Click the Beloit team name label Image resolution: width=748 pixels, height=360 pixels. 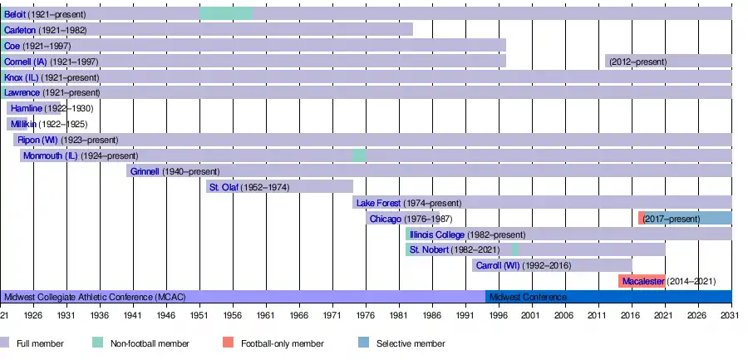15,14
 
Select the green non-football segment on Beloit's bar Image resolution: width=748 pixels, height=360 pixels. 226,14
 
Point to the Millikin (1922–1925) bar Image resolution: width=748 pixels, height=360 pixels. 20,124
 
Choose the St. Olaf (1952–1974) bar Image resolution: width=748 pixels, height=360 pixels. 279,187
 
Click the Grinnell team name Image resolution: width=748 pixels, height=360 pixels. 145,171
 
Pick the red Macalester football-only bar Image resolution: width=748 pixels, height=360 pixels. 642,281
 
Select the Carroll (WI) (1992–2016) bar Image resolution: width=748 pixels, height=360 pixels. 552,265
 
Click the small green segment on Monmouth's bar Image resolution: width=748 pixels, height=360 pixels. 359,155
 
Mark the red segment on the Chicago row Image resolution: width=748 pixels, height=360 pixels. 642,218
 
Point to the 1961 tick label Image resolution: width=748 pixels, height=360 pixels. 266,316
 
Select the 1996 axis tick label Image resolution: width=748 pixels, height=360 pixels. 499,316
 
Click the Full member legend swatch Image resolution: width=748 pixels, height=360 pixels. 5,343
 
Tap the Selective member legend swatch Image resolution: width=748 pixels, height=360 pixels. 364,343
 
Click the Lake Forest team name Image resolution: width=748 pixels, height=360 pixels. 379,203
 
